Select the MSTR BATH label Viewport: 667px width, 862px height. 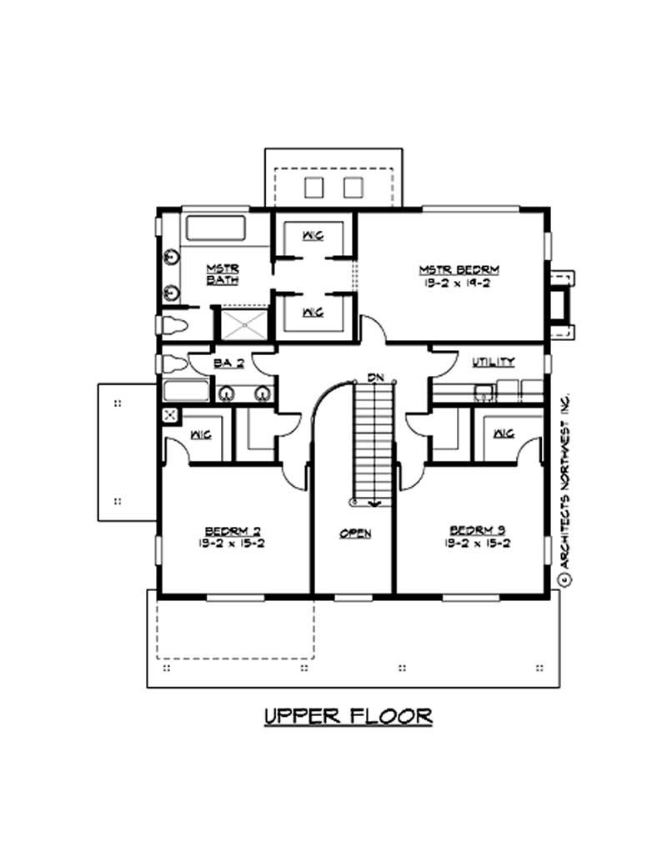[x=223, y=273]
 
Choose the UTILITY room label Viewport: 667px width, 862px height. [x=494, y=362]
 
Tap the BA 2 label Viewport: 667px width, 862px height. [x=222, y=363]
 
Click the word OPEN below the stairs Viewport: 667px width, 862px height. [x=355, y=534]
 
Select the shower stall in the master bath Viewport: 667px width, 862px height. [x=243, y=323]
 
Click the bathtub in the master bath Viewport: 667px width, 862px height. [x=214, y=228]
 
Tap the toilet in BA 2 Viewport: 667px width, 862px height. [x=175, y=364]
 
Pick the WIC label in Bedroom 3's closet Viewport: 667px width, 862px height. [x=504, y=434]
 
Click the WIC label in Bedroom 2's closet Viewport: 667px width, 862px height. [x=200, y=434]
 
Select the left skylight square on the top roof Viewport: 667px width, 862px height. [x=313, y=187]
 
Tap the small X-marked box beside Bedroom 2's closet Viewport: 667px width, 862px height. [x=170, y=415]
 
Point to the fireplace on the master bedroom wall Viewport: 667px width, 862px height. [x=562, y=295]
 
